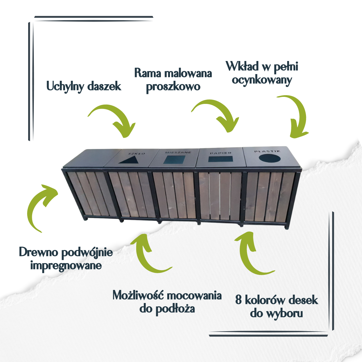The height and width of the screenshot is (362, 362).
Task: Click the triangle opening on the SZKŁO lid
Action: pos(130,160)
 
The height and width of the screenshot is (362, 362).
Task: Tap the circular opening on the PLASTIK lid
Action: pos(269,158)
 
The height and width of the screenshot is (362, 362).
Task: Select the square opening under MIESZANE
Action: pos(174,160)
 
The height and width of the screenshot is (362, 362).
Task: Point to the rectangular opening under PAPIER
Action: pos(220,159)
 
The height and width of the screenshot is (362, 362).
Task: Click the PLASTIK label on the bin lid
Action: pos(267,151)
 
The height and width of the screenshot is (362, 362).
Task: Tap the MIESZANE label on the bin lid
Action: pos(178,153)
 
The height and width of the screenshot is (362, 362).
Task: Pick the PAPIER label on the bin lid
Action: pos(221,153)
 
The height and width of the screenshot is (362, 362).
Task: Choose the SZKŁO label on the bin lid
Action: pos(137,153)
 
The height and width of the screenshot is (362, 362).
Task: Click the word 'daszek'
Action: pos(104,86)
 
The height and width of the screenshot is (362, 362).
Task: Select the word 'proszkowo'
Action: pos(173,87)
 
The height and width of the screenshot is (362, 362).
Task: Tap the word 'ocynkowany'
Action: pos(262,80)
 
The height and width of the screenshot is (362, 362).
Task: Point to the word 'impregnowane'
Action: pos(66,265)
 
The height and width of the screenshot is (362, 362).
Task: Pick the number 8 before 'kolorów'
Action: pos(239,300)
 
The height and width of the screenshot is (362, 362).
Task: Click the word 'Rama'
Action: pos(148,73)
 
